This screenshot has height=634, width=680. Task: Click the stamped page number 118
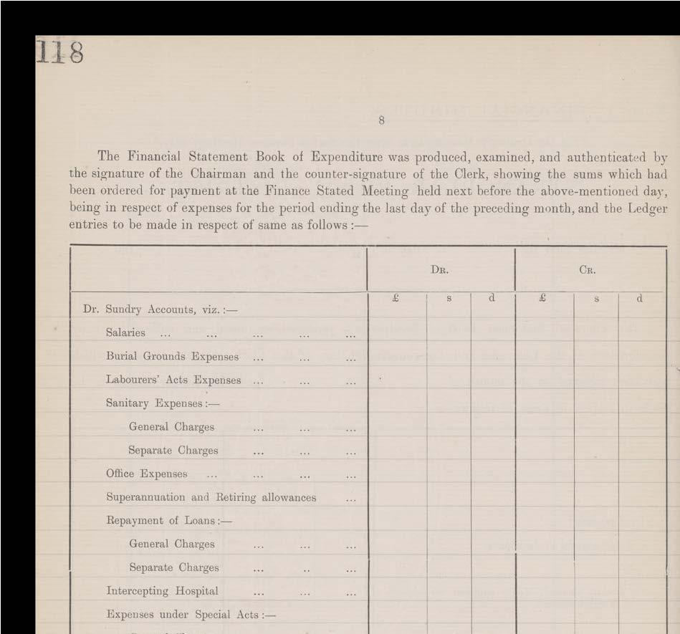60,52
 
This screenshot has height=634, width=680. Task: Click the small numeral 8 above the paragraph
381,120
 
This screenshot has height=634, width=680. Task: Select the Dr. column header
440,271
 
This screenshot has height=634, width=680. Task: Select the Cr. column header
588,271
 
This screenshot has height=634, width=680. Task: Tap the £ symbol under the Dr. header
395,298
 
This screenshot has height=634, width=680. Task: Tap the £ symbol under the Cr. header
542,298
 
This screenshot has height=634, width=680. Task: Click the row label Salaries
125,333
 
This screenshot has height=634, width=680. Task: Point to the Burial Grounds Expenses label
172,357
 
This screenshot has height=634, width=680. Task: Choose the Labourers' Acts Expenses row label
173,380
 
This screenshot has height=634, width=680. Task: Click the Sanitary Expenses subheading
162,403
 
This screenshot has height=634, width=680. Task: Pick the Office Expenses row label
147,474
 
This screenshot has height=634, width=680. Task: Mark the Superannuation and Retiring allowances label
211,497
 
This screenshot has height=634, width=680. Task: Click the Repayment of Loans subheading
168,521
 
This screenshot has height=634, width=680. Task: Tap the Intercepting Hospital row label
162,591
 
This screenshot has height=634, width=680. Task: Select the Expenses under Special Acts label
190,615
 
